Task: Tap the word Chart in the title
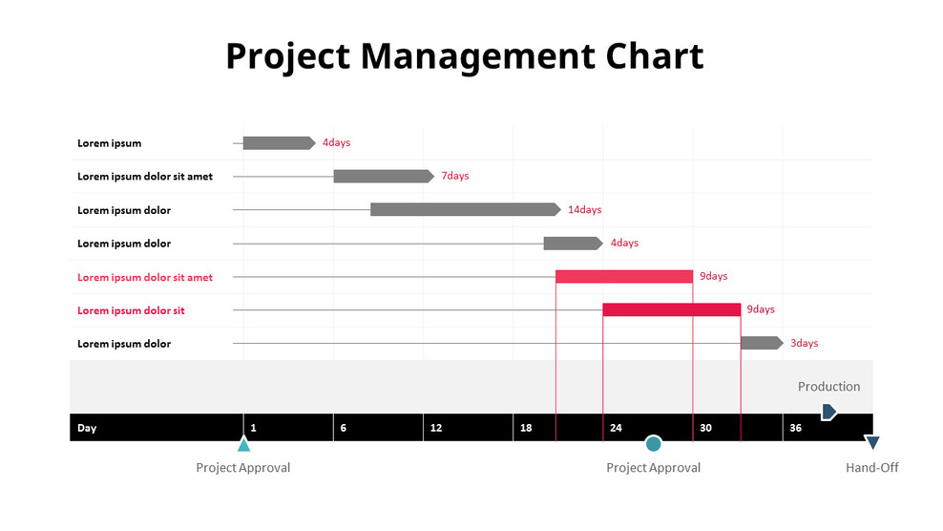pos(655,56)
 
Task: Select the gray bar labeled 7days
pos(383,176)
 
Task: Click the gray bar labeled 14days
pos(465,209)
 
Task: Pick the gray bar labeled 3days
pos(761,343)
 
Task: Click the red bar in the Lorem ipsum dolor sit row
pos(671,309)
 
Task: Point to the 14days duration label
pos(584,210)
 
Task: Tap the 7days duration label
pos(454,177)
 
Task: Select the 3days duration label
pos(804,344)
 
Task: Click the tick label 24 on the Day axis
pos(616,428)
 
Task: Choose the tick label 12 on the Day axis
pos(436,428)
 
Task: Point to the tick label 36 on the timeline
pos(795,428)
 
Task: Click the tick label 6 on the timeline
pos(344,428)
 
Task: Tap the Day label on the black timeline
pos(87,428)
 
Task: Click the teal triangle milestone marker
pos(243,444)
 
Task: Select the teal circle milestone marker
pos(653,443)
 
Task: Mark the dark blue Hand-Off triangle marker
pos(870,443)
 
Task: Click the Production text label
pos(828,387)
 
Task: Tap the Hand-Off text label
pos(871,468)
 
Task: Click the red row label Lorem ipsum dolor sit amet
pos(145,277)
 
